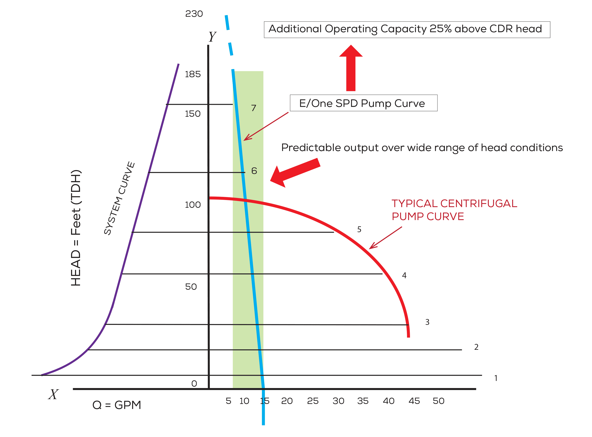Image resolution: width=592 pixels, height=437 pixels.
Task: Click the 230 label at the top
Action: pyautogui.click(x=194, y=14)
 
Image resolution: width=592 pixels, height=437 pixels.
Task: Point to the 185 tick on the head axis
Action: pyautogui.click(x=193, y=74)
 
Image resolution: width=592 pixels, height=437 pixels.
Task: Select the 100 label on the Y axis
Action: pyautogui.click(x=193, y=205)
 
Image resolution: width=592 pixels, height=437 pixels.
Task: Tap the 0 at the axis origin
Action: pyautogui.click(x=194, y=384)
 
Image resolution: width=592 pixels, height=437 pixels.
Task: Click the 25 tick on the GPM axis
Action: pyautogui.click(x=313, y=401)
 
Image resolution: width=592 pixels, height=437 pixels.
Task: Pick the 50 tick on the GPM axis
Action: pyautogui.click(x=439, y=401)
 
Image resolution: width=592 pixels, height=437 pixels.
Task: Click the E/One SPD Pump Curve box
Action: pyautogui.click(x=363, y=103)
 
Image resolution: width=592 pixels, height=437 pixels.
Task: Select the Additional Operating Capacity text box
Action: pyautogui.click(x=407, y=29)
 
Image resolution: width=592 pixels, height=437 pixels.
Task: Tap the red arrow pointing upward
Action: pyautogui.click(x=351, y=69)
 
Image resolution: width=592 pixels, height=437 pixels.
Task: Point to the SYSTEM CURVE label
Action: pyautogui.click(x=119, y=198)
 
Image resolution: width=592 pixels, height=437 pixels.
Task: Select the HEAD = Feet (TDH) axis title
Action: pyautogui.click(x=76, y=227)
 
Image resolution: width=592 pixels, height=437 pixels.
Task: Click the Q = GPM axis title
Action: pyautogui.click(x=116, y=405)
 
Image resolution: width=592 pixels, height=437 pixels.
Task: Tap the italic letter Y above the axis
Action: pyautogui.click(x=212, y=37)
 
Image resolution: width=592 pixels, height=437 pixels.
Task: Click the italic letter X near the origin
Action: pyautogui.click(x=53, y=394)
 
